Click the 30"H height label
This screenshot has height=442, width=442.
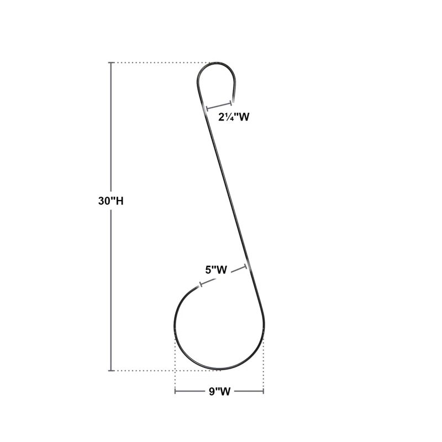point(110,201)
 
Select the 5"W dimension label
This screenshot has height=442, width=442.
point(217,270)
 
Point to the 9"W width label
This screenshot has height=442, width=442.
point(219,391)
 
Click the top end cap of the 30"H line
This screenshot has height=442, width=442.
point(111,63)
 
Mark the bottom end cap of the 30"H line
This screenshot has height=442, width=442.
point(111,370)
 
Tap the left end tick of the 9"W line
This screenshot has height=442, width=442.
point(175,391)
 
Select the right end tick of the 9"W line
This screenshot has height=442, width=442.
point(264,391)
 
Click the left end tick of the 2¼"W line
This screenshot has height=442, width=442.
point(205,108)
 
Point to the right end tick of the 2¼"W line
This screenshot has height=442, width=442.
point(231,102)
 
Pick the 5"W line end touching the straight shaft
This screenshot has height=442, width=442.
point(246,268)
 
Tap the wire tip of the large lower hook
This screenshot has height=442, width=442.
point(198,288)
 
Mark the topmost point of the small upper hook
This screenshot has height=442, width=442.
point(217,63)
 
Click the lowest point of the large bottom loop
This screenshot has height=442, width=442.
point(219,370)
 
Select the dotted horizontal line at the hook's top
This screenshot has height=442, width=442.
point(160,63)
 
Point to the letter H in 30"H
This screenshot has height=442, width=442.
point(119,201)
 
